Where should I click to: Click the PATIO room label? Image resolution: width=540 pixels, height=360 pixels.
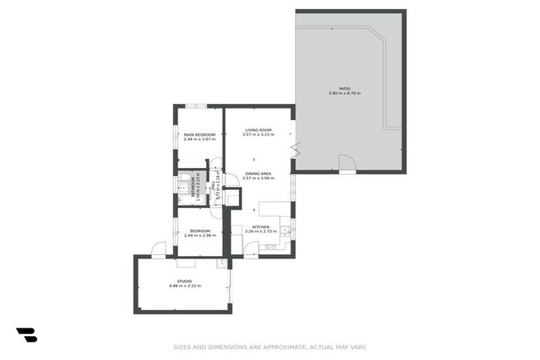(345, 89)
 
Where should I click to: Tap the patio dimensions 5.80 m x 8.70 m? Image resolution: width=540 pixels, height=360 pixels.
(345, 94)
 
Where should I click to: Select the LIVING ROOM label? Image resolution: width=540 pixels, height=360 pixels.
(258, 130)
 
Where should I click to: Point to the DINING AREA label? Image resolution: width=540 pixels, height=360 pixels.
(258, 174)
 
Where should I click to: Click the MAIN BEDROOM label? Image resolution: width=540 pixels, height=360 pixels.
(200, 134)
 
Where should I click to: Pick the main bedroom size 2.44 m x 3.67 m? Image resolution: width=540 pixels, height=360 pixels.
(200, 139)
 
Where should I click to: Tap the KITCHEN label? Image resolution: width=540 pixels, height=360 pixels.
(261, 226)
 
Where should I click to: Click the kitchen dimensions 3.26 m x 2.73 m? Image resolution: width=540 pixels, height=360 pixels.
(261, 231)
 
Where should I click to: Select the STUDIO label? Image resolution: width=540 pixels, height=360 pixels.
(184, 281)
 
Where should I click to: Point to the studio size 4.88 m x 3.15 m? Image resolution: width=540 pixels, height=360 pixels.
(184, 286)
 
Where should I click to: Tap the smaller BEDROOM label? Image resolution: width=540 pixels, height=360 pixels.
(200, 231)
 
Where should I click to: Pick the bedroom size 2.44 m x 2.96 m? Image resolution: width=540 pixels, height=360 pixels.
(200, 236)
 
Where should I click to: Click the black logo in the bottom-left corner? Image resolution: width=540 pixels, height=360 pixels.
(26, 335)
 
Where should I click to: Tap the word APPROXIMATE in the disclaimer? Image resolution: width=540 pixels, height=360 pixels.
(285, 347)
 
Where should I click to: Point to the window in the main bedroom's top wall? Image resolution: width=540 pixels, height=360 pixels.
(195, 106)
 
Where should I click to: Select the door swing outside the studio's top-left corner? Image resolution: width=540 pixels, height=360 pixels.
(159, 250)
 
